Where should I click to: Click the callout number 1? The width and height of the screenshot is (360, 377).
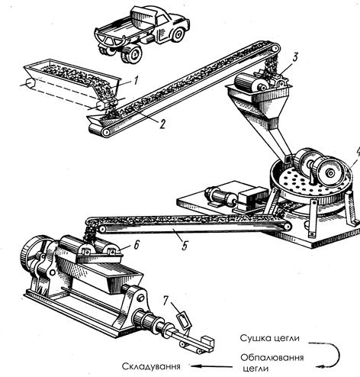coord(136,81)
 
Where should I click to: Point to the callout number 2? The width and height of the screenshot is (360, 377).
coord(162,124)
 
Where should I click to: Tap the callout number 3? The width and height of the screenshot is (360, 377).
coord(295,57)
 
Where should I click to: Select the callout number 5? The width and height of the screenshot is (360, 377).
coord(185,246)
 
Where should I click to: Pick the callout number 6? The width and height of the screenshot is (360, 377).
coord(137,245)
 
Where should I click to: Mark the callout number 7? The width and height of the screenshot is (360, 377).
coord(166,301)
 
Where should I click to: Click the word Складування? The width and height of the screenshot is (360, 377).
coord(151,366)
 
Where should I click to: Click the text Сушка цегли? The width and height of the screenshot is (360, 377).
coord(270,338)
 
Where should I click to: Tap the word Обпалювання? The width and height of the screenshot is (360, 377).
coord(272,357)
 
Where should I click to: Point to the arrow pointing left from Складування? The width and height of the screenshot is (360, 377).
coord(211,366)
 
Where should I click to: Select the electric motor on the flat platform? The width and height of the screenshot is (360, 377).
coord(220,197)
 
